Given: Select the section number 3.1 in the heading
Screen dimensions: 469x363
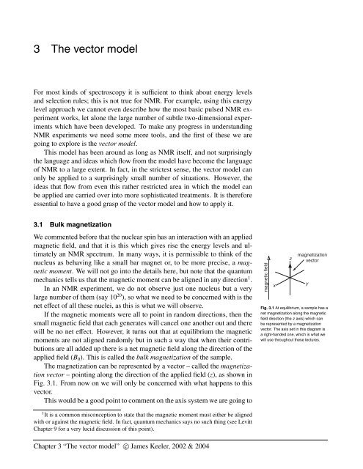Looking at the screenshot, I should pos(32,237).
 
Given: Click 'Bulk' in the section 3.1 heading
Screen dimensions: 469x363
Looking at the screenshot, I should pos(60,237).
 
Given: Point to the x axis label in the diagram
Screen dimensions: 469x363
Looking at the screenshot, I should pos(275,285).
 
